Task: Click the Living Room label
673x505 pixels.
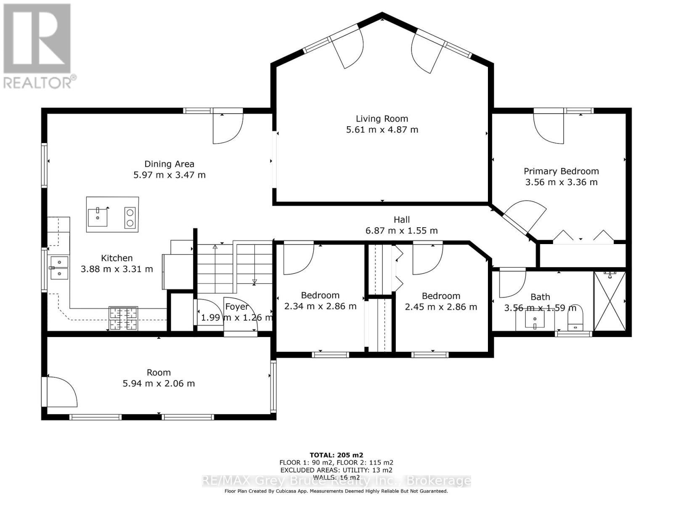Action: click(x=382, y=119)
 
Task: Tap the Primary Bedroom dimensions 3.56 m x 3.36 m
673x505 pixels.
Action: click(x=561, y=182)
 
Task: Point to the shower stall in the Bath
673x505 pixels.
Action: click(x=609, y=301)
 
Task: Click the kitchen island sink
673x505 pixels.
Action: click(x=98, y=216)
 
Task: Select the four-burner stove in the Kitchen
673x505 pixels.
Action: click(x=123, y=319)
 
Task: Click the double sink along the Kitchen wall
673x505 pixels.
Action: click(x=59, y=268)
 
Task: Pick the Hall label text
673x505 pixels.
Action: click(x=402, y=220)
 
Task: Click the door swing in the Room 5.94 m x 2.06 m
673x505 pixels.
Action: click(x=61, y=392)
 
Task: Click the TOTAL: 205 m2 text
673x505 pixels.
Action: click(x=336, y=455)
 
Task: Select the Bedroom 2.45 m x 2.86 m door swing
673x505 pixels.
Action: click(x=427, y=259)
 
